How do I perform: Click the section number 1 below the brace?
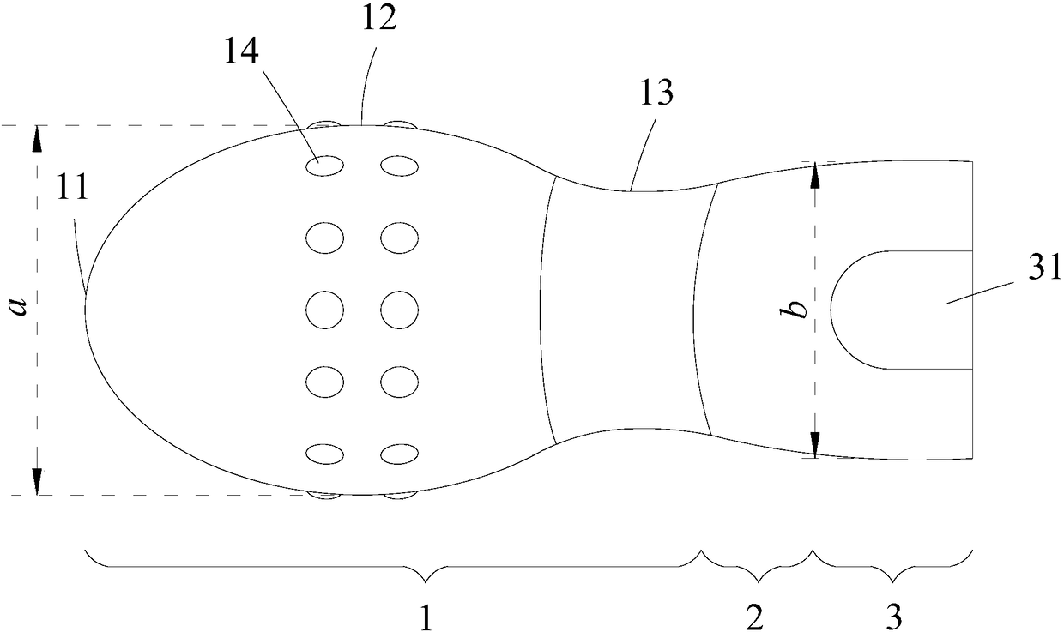click(x=426, y=615)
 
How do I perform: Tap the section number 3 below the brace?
click(x=894, y=615)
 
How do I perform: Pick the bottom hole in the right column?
click(x=399, y=453)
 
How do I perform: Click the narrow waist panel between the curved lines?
click(x=626, y=310)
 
